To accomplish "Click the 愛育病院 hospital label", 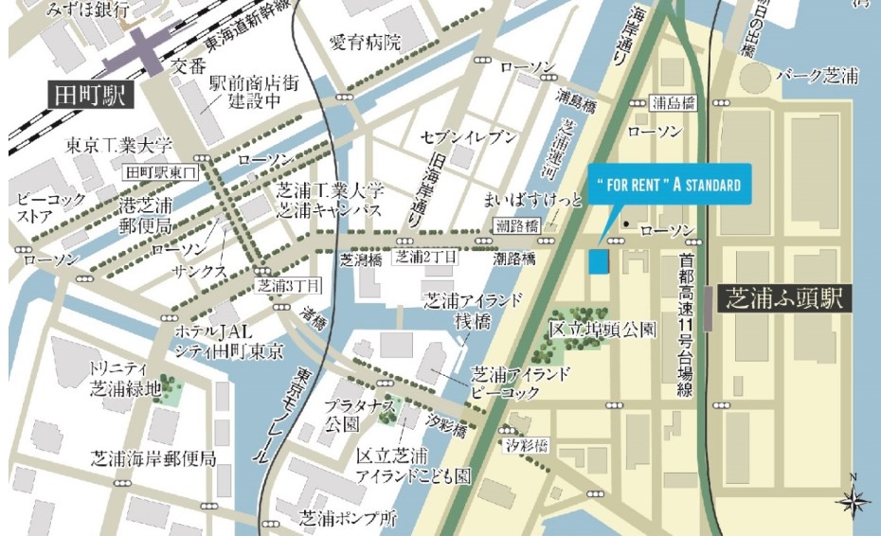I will point(365,43).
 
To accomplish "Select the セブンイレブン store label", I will point(470,138).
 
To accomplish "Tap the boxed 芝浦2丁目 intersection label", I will point(426,257).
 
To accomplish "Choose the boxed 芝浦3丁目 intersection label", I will point(290,284).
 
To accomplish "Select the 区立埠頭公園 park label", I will point(602,331).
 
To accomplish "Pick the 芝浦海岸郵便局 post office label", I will point(153,459).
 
